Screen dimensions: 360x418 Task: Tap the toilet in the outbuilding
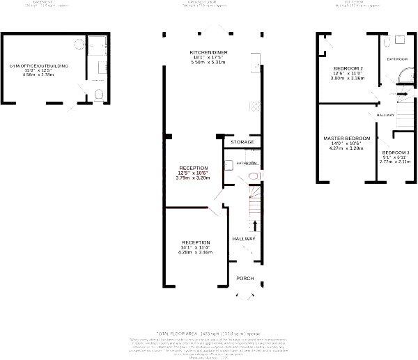point(100,93)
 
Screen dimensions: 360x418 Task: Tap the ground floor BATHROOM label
point(247,164)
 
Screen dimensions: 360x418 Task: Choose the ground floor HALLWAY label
point(244,239)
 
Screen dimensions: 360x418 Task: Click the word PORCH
point(245,278)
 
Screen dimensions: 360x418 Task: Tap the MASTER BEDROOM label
point(346,139)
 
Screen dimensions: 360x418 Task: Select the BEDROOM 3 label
point(395,152)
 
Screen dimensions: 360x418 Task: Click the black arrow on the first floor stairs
point(402,93)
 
